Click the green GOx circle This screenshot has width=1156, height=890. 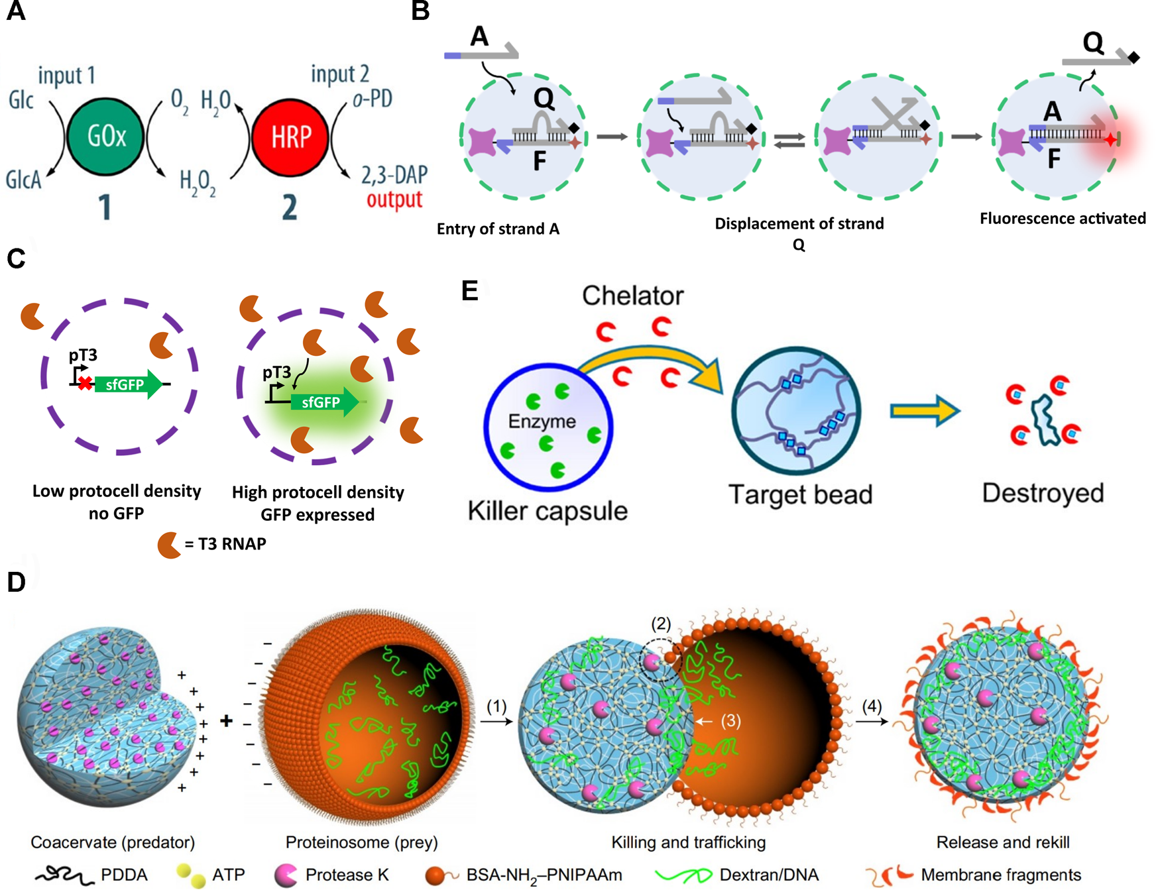coord(105,137)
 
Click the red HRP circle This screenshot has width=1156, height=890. coord(290,137)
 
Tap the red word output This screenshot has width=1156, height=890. coord(394,199)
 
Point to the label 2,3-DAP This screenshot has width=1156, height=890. coord(394,175)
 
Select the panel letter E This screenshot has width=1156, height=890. coord(469,291)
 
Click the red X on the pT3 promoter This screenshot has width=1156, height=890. coord(85,383)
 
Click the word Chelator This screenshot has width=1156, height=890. coord(632,296)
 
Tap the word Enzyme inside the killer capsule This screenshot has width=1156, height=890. coord(542,421)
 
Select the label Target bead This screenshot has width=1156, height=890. coord(800,494)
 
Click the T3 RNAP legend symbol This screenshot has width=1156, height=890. coord(169,545)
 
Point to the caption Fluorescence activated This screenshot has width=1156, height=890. coord(1063,219)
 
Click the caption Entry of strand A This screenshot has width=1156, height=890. coord(498,229)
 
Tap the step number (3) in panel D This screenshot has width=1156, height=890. coord(730,720)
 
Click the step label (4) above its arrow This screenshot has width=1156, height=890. coord(872,706)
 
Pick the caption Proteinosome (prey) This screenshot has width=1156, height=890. coord(361,842)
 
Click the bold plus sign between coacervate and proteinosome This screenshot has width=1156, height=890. coord(227,720)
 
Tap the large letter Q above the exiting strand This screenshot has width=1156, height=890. coord(1093,43)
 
